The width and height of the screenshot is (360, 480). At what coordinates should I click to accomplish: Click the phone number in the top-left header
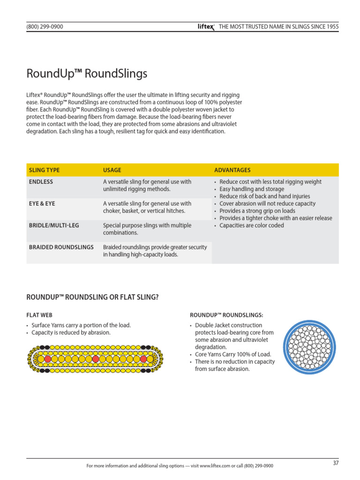click(x=45, y=27)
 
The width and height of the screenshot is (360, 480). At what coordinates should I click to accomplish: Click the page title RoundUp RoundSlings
click(x=87, y=74)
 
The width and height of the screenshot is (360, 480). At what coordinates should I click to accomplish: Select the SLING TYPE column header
click(x=45, y=170)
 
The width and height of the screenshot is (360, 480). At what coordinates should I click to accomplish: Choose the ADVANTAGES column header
click(x=232, y=170)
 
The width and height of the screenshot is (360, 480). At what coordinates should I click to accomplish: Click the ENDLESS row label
click(x=41, y=182)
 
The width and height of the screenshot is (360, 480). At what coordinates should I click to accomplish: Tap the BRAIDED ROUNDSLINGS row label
click(x=61, y=247)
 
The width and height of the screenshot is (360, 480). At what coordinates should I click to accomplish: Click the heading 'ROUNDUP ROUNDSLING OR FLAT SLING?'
click(x=96, y=297)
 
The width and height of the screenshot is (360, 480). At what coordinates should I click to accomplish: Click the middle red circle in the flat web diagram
click(x=96, y=359)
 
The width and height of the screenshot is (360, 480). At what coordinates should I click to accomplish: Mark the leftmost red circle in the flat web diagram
click(x=47, y=359)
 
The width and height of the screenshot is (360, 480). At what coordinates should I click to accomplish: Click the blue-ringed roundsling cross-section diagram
click(x=310, y=347)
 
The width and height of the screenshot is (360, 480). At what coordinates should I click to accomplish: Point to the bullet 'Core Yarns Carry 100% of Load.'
click(x=232, y=354)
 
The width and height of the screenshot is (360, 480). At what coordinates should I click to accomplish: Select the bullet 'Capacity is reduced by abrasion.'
click(x=71, y=333)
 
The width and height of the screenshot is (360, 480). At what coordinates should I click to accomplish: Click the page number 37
click(x=336, y=463)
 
